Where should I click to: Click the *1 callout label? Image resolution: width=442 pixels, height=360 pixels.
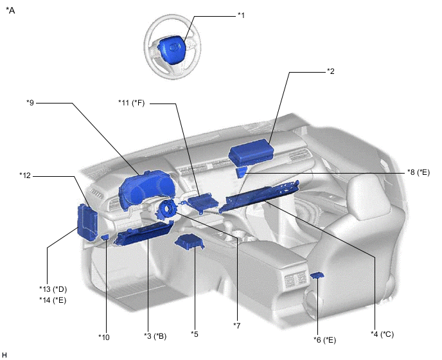tap(241, 15)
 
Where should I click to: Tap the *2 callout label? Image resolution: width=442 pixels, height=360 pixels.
tap(331, 71)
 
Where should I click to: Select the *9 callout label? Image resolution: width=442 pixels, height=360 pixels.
tap(30, 103)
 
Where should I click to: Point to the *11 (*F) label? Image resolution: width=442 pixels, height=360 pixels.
tap(131, 103)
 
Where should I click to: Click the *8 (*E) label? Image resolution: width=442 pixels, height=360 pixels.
tap(418, 172)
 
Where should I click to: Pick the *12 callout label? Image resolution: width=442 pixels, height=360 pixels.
tap(25, 175)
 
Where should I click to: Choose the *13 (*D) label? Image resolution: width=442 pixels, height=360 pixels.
tap(53, 289)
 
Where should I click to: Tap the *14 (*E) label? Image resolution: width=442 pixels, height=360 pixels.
tap(53, 300)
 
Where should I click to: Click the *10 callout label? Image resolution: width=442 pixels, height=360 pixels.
tap(103, 337)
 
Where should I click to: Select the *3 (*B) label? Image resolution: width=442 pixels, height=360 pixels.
tap(155, 336)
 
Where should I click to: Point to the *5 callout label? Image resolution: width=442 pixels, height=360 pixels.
tap(195, 334)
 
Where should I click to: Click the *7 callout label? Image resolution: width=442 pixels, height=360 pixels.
tap(237, 325)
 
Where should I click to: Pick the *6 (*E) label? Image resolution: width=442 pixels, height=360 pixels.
tap(324, 340)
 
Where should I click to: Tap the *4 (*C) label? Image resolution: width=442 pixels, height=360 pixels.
tap(382, 334)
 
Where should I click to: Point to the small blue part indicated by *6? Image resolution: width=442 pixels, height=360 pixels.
tap(317, 274)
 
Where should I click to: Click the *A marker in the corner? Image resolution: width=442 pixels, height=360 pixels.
tap(10, 10)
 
